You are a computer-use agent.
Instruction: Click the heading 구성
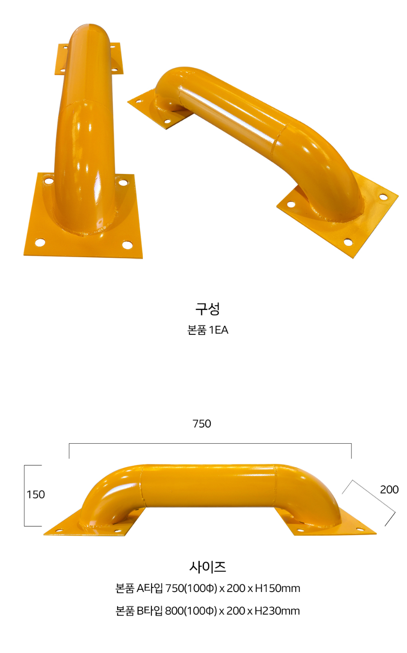(208, 309)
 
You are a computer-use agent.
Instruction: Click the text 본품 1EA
(208, 330)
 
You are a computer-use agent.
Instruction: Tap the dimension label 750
(202, 423)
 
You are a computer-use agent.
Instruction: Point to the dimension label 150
(36, 494)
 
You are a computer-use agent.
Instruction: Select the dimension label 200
(389, 489)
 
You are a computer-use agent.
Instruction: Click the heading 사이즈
(208, 567)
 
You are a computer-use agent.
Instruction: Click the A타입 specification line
(208, 588)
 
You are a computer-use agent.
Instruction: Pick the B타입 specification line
(208, 611)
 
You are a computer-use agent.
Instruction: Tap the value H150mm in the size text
(277, 588)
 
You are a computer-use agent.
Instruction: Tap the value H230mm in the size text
(277, 611)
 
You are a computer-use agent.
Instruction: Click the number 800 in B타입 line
(174, 611)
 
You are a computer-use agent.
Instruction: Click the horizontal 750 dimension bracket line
(210, 444)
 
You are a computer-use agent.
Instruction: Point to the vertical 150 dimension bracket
(24, 495)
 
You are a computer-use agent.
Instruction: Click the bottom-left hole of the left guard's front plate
(40, 243)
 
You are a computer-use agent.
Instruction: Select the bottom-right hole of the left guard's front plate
(127, 245)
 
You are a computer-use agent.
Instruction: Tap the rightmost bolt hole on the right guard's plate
(383, 197)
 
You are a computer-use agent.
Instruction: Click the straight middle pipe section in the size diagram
(208, 484)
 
